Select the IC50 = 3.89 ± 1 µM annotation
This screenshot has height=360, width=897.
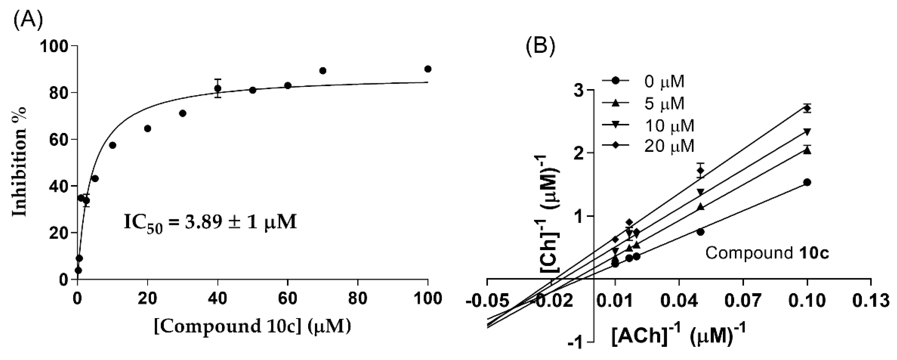[x=210, y=222]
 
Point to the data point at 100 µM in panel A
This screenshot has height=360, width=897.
[x=428, y=69]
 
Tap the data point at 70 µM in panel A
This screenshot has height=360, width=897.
[x=323, y=71]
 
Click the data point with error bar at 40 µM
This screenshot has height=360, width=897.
[x=218, y=89]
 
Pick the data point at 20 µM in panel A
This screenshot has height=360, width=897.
[x=148, y=128]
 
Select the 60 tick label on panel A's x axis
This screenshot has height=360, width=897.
[x=288, y=299]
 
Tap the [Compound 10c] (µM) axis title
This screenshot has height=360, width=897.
[x=252, y=327]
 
